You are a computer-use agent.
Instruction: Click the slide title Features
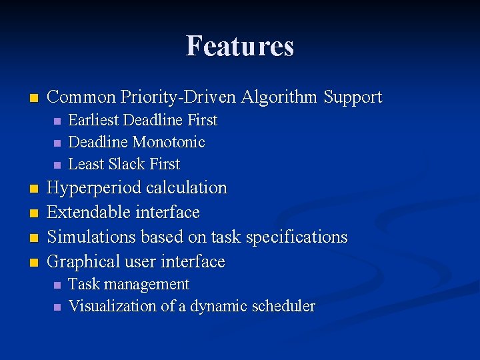coord(240,45)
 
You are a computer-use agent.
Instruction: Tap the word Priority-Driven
coord(178,97)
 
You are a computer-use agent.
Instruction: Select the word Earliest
coord(93,121)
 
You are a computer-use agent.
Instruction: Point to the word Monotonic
coord(169,142)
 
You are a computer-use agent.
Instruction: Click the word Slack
coord(125,164)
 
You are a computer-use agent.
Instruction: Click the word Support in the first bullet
coord(353,98)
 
